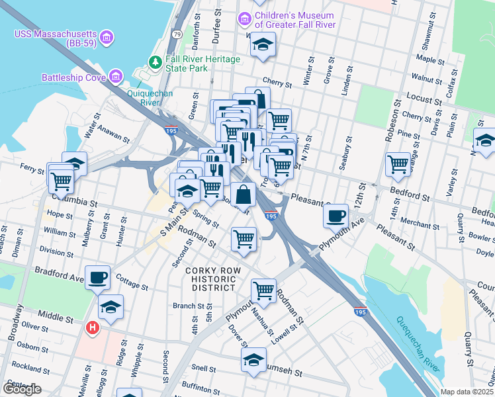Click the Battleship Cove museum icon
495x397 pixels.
click(x=116, y=77)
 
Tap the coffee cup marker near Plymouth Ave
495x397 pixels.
click(x=336, y=215)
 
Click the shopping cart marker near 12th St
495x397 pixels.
click(x=398, y=163)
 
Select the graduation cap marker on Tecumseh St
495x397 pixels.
click(x=253, y=360)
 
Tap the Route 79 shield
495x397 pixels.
click(x=177, y=33)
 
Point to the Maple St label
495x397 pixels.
click(x=429, y=60)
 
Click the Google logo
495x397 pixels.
click(x=22, y=389)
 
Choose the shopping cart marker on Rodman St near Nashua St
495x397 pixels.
click(x=263, y=289)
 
